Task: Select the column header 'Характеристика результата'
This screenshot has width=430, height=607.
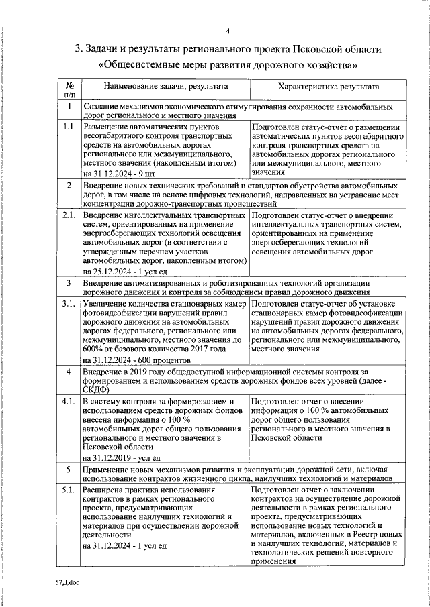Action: coord(328,87)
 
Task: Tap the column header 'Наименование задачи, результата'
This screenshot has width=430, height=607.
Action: coord(165,87)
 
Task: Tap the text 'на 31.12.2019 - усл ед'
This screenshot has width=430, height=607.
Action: coord(122,457)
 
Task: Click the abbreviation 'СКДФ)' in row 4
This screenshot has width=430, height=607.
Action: coord(97,390)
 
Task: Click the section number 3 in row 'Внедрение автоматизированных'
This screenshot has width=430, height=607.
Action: coord(69,283)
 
